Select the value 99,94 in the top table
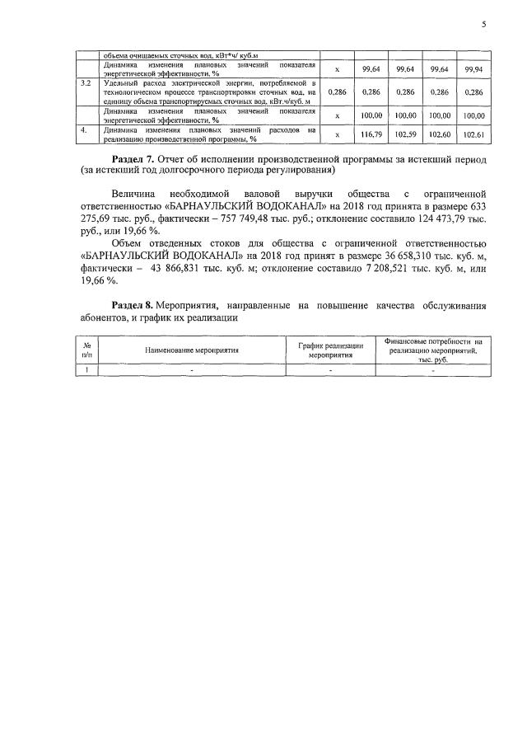click(x=473, y=69)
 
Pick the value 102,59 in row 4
click(x=405, y=134)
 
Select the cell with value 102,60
click(x=439, y=134)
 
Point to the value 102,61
click(x=473, y=134)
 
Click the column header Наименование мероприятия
click(x=192, y=350)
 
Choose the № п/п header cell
click(x=86, y=350)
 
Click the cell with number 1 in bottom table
click(x=86, y=370)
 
